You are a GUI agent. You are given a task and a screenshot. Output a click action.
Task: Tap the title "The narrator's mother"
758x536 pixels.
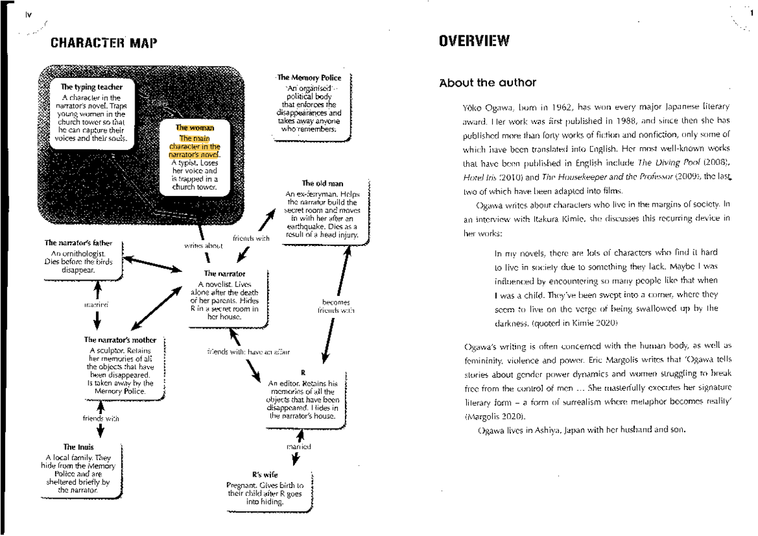point(120,340)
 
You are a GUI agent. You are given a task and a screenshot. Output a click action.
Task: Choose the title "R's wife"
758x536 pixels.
point(265,475)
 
